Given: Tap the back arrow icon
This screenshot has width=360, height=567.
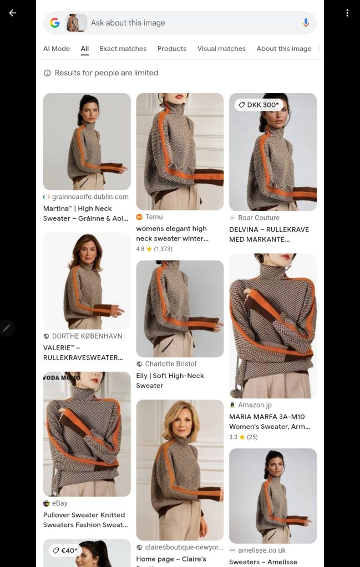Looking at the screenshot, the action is coord(13,13).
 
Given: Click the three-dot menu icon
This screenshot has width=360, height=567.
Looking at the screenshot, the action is coord(347,13).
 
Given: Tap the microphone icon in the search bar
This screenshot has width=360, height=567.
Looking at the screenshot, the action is coord(306,23).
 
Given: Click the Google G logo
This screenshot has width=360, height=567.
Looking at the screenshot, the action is coord(54,23).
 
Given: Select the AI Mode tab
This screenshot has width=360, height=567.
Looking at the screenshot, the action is coord(57,48).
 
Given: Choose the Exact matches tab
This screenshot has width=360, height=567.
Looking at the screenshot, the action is coord(123,48).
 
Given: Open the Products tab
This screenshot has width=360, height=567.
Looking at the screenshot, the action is coord(172,48).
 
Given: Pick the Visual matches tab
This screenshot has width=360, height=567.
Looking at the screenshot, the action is coord(221,48).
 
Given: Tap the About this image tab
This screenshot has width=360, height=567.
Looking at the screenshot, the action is coord(284,48).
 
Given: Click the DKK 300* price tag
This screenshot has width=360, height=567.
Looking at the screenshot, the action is coord(258,105).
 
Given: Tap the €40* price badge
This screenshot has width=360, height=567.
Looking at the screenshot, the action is coord(65,550).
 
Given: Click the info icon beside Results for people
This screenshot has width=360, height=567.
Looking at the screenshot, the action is coord(47,73).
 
